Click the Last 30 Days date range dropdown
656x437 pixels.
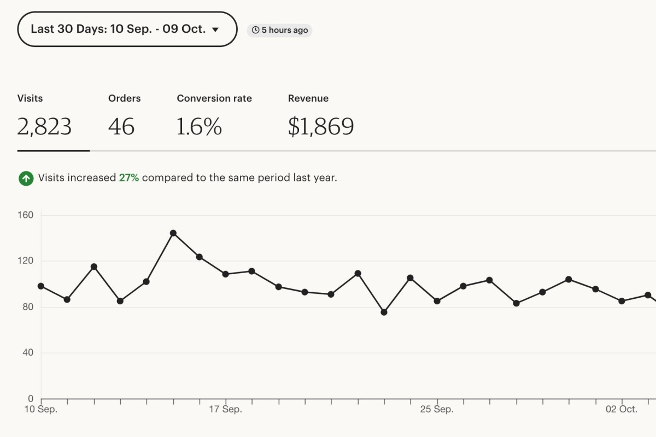(x=127, y=29)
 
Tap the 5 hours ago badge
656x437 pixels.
(x=279, y=30)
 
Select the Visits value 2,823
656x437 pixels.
(x=44, y=127)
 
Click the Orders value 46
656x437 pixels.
(x=121, y=127)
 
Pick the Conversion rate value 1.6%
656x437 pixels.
(x=199, y=127)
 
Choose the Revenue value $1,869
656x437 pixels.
(x=321, y=127)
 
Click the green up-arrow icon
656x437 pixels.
(x=26, y=178)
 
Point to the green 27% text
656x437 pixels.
(x=128, y=178)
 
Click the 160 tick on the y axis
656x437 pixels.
(x=26, y=215)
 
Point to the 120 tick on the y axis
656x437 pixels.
(x=26, y=261)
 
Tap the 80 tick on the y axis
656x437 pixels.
(x=27, y=307)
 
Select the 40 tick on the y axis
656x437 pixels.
(x=27, y=353)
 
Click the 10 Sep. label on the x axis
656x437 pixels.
(x=42, y=409)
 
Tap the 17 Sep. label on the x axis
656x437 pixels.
(x=226, y=409)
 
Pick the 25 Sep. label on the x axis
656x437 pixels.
(x=437, y=409)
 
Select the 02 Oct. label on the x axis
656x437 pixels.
(x=622, y=409)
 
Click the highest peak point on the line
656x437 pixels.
(x=173, y=233)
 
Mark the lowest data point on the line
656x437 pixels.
(x=384, y=312)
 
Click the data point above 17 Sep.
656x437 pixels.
(x=226, y=274)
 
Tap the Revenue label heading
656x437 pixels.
(x=308, y=98)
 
